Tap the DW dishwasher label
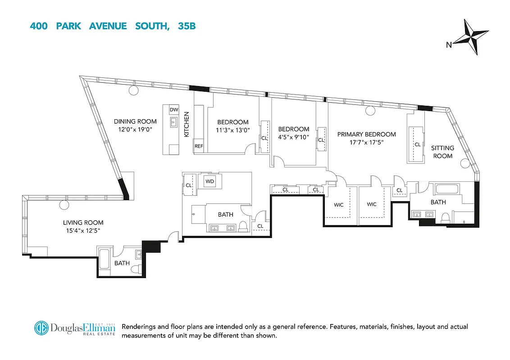pyautogui.click(x=173, y=110)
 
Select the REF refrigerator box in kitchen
pyautogui.click(x=199, y=146)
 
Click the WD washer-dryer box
pyautogui.click(x=209, y=181)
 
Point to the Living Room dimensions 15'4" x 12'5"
pyautogui.click(x=83, y=231)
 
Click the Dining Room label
pyautogui.click(x=135, y=121)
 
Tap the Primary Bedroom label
pyautogui.click(x=366, y=134)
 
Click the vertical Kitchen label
pyautogui.click(x=187, y=124)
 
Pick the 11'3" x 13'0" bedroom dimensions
pyautogui.click(x=233, y=130)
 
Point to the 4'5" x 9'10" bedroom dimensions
pyautogui.click(x=293, y=137)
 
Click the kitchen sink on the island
pyautogui.click(x=173, y=122)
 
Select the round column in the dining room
pyautogui.click(x=133, y=90)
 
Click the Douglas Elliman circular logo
pyautogui.click(x=41, y=328)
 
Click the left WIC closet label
pyautogui.click(x=338, y=205)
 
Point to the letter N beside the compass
pyautogui.click(x=449, y=44)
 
